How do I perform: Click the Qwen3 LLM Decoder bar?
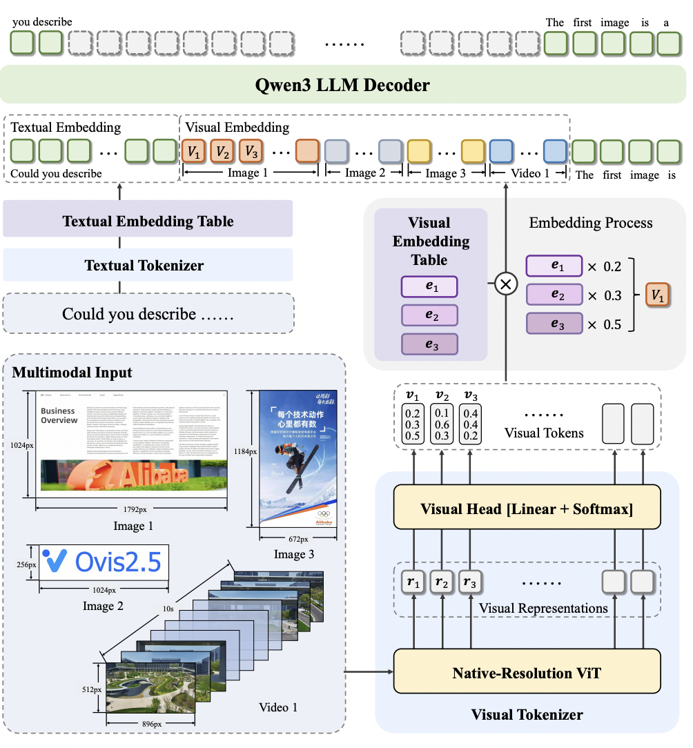(x=345, y=86)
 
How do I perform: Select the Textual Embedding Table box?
(x=148, y=222)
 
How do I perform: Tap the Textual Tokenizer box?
(x=148, y=265)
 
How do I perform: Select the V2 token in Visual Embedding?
(x=222, y=150)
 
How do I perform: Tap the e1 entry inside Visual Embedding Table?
(x=429, y=286)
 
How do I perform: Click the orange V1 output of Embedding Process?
(x=657, y=295)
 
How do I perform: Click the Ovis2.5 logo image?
(x=104, y=562)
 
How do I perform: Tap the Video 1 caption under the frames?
(x=278, y=707)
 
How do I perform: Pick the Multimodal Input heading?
(x=72, y=373)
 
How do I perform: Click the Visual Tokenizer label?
(x=527, y=714)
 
